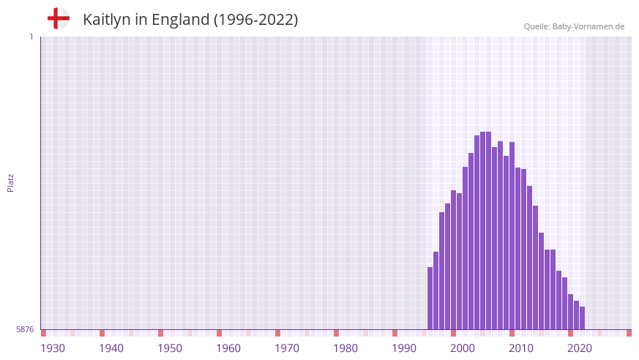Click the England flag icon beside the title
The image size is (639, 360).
[x=59, y=18]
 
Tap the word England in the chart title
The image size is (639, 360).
[x=180, y=20]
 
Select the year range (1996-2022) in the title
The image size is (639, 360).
[x=255, y=20]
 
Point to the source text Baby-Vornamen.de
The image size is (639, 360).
[x=588, y=26]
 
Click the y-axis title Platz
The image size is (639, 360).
[x=10, y=182]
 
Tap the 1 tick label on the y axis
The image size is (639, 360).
[x=31, y=37]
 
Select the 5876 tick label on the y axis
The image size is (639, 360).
[x=25, y=330]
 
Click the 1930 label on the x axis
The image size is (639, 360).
[x=53, y=348]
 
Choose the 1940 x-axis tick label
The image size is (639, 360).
[x=111, y=348]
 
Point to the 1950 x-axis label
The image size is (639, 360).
[x=170, y=348]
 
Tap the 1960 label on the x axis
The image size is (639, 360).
[x=228, y=348]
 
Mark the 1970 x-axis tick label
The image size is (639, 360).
[x=287, y=348]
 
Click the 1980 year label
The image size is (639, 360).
[x=345, y=348]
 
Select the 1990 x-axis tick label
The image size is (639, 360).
[x=404, y=348]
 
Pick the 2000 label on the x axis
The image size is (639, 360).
[x=463, y=348]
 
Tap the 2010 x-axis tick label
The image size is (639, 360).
[x=521, y=348]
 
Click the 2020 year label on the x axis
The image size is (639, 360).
[x=580, y=348]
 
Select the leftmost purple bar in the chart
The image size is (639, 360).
[x=430, y=299]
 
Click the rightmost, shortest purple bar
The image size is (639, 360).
[x=583, y=318]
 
